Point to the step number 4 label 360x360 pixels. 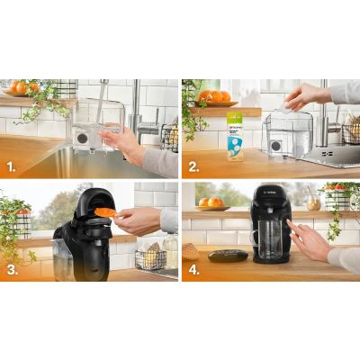(193, 267)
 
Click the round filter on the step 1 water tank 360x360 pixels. (85, 139)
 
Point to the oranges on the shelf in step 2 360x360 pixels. (214, 96)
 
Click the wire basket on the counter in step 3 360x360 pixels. (148, 258)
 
